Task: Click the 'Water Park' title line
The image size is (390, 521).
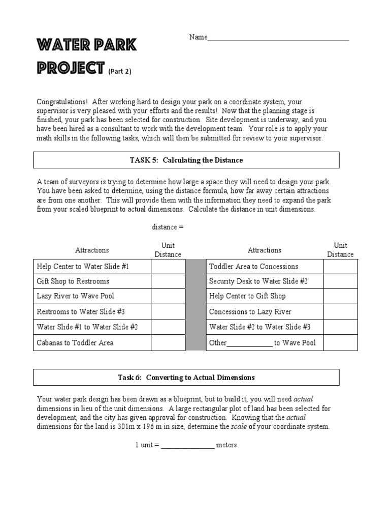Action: click(x=86, y=46)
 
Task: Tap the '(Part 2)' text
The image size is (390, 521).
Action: click(x=120, y=71)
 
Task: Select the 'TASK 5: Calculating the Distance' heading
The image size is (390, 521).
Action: click(x=186, y=160)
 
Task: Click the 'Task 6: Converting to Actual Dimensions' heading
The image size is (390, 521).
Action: click(x=186, y=378)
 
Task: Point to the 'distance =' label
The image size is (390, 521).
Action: click(x=168, y=227)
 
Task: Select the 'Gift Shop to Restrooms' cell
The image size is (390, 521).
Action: click(x=73, y=281)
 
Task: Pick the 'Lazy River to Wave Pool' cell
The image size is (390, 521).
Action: click(x=76, y=296)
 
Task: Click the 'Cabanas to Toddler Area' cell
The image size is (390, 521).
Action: click(x=75, y=342)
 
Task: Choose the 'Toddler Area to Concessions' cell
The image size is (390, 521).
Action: click(x=253, y=266)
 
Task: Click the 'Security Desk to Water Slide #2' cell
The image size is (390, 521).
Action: click(x=258, y=281)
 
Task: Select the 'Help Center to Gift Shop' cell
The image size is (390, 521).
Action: click(x=247, y=296)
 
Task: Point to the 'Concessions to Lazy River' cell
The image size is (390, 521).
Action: click(x=250, y=311)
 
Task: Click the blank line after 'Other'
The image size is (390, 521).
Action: click(x=249, y=343)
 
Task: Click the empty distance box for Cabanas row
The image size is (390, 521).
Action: click(x=168, y=342)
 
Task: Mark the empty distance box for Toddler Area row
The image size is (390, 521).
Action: click(x=340, y=266)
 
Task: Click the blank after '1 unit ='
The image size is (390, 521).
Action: click(x=188, y=446)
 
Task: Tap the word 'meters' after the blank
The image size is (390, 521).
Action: click(x=226, y=445)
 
